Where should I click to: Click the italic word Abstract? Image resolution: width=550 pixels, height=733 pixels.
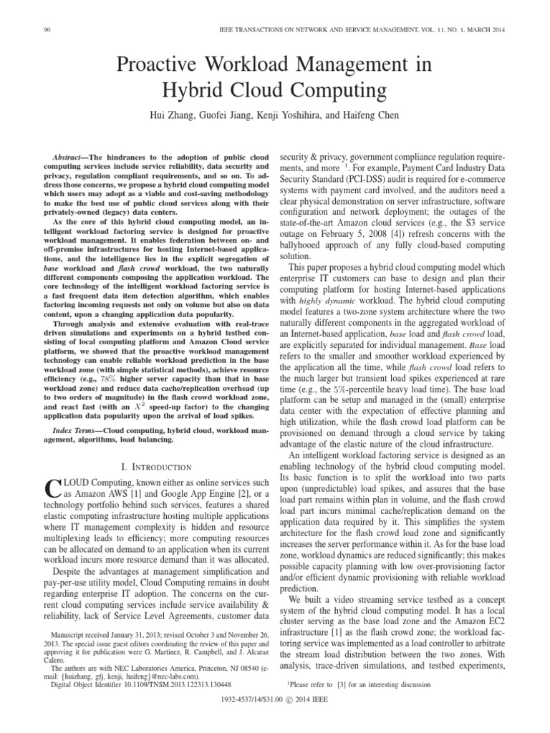click(70, 156)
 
